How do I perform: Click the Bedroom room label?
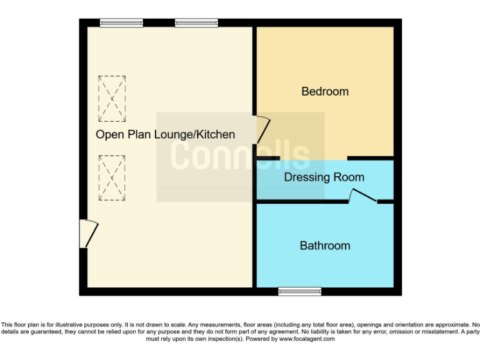325,91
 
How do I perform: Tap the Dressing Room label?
324,177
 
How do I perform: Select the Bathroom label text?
325,246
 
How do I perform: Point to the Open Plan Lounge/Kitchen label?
165,134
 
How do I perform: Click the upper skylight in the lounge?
112,99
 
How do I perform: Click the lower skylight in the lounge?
112,178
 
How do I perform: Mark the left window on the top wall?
112,23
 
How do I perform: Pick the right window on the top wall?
196,23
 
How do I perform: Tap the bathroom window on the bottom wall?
299,291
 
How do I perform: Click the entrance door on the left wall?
87,233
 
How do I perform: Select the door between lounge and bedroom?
261,130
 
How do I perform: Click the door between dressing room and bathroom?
362,197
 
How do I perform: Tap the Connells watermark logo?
241,156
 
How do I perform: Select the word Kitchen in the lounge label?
216,134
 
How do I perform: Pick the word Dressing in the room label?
307,177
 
